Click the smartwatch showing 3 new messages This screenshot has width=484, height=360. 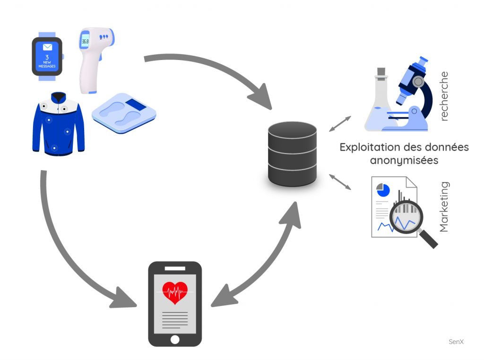(47, 57)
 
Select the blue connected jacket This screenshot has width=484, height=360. (58, 124)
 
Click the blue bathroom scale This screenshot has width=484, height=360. (124, 113)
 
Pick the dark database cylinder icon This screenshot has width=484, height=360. (292, 154)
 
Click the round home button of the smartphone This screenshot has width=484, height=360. (175, 339)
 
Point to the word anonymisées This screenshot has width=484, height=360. (404, 160)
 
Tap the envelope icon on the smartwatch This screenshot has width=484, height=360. (47, 47)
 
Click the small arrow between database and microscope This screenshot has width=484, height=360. (340, 123)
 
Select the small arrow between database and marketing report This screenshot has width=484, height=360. (340, 182)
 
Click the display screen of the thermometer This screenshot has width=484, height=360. (86, 41)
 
